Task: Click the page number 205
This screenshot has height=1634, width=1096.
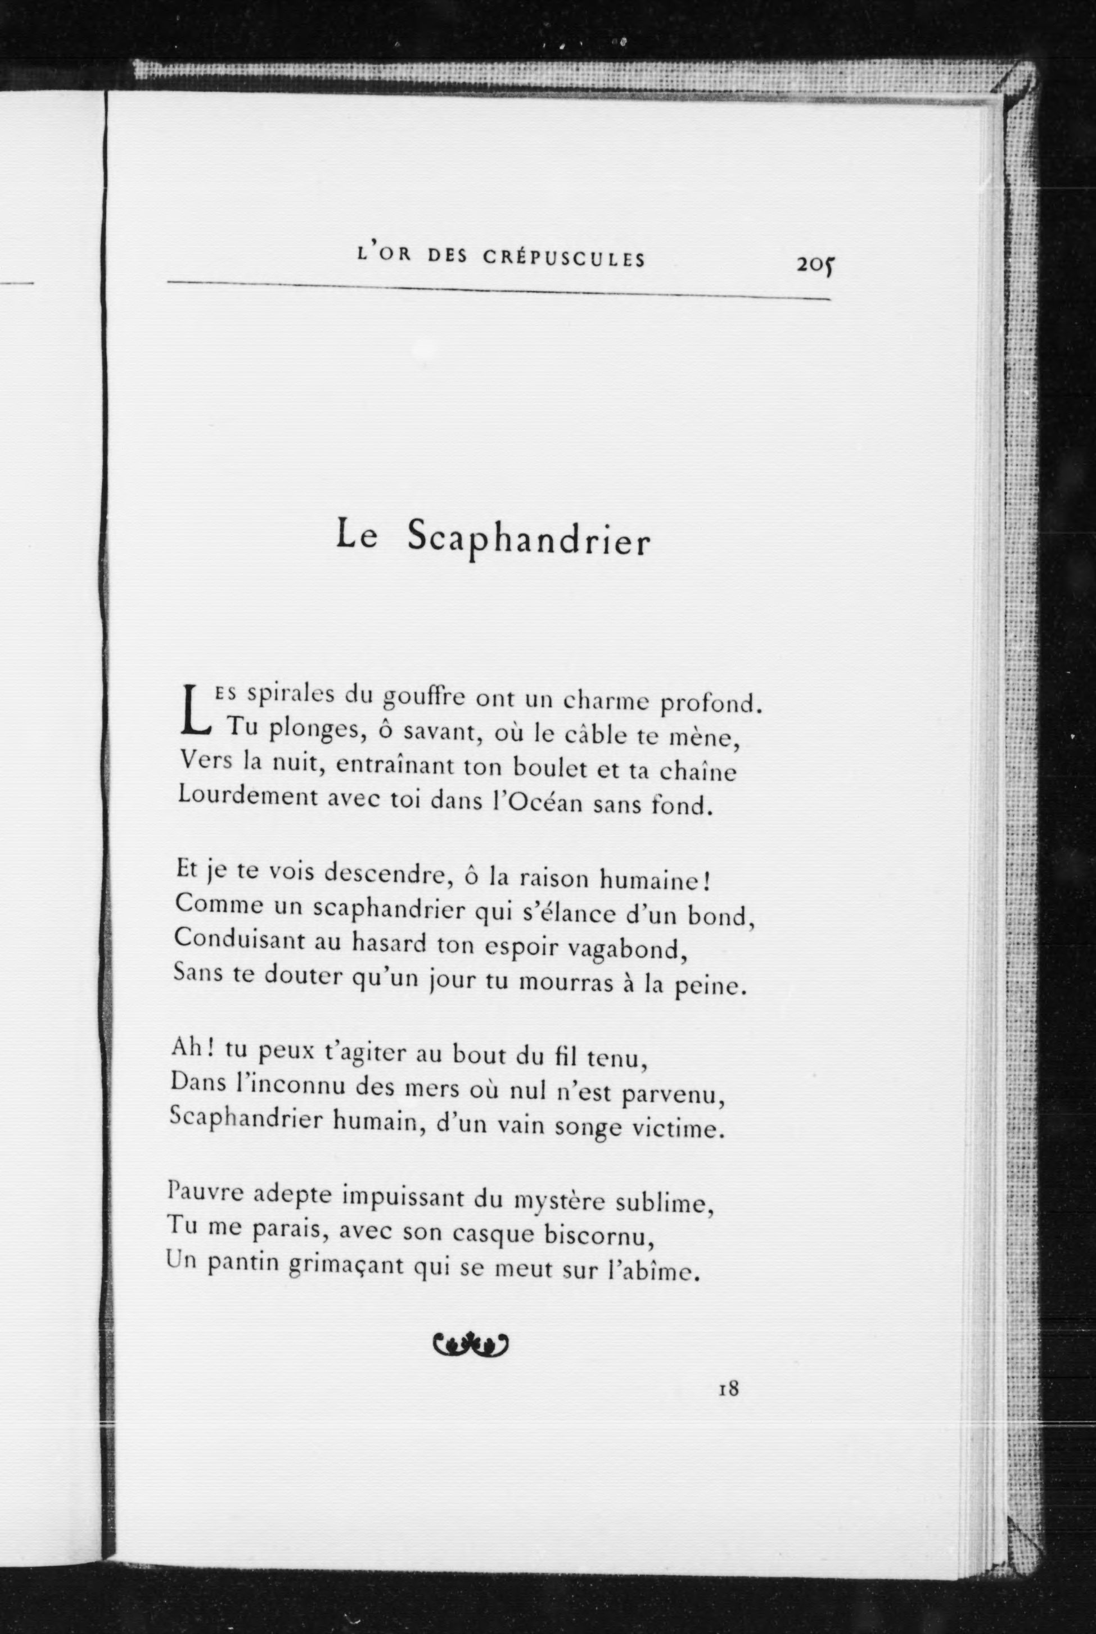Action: (816, 264)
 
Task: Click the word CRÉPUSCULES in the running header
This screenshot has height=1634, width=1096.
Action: (563, 259)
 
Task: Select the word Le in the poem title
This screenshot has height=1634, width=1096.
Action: (357, 535)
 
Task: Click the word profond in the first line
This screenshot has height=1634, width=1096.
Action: (707, 703)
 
